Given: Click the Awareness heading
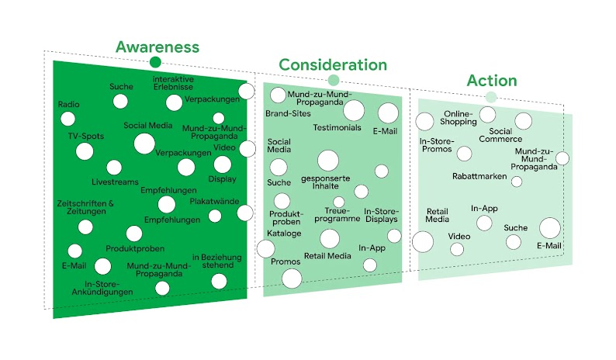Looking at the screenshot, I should (x=157, y=47).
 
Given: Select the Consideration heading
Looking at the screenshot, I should (x=333, y=64).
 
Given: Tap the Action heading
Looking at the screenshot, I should (x=491, y=81).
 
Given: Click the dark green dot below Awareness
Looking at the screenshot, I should (x=155, y=62).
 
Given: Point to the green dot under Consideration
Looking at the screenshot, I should (x=334, y=80).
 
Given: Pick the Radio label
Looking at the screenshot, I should (x=69, y=104).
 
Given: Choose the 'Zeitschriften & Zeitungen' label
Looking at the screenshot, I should (x=86, y=209).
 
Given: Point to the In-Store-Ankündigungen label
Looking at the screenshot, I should (x=109, y=288).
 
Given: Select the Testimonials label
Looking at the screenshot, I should (x=337, y=127).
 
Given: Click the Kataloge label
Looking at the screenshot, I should (x=284, y=233).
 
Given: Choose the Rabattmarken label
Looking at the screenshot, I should (x=479, y=176).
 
